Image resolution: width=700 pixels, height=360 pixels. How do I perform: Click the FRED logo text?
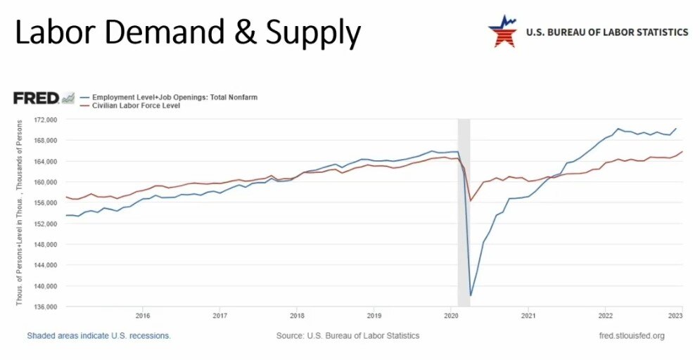(x=36, y=98)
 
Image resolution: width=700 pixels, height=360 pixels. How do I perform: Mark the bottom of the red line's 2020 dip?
(x=471, y=201)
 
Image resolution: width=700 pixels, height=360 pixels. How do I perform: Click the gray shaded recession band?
(x=464, y=232)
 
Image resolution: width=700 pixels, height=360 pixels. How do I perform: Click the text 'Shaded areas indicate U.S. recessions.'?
(x=98, y=336)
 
